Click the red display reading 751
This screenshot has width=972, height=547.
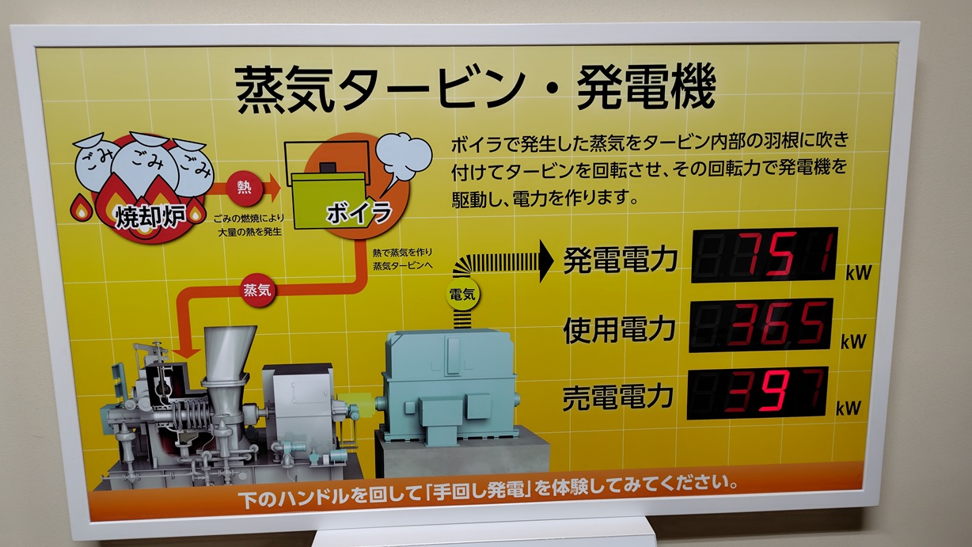click(765, 255)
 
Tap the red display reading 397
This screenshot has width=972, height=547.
click(757, 393)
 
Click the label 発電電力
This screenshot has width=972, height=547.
click(620, 260)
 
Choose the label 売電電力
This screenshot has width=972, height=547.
click(617, 397)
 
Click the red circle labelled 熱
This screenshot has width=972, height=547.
click(244, 188)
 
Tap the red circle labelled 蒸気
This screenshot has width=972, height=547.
click(257, 290)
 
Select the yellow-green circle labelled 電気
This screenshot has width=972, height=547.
click(462, 295)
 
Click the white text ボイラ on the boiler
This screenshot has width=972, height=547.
click(359, 213)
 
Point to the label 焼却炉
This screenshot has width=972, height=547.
click(150, 216)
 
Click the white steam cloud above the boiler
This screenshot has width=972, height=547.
click(403, 158)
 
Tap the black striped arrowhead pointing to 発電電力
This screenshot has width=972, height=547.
click(546, 261)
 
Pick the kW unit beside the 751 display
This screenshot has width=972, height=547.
click(858, 273)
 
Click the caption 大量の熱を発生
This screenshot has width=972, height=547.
click(249, 232)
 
